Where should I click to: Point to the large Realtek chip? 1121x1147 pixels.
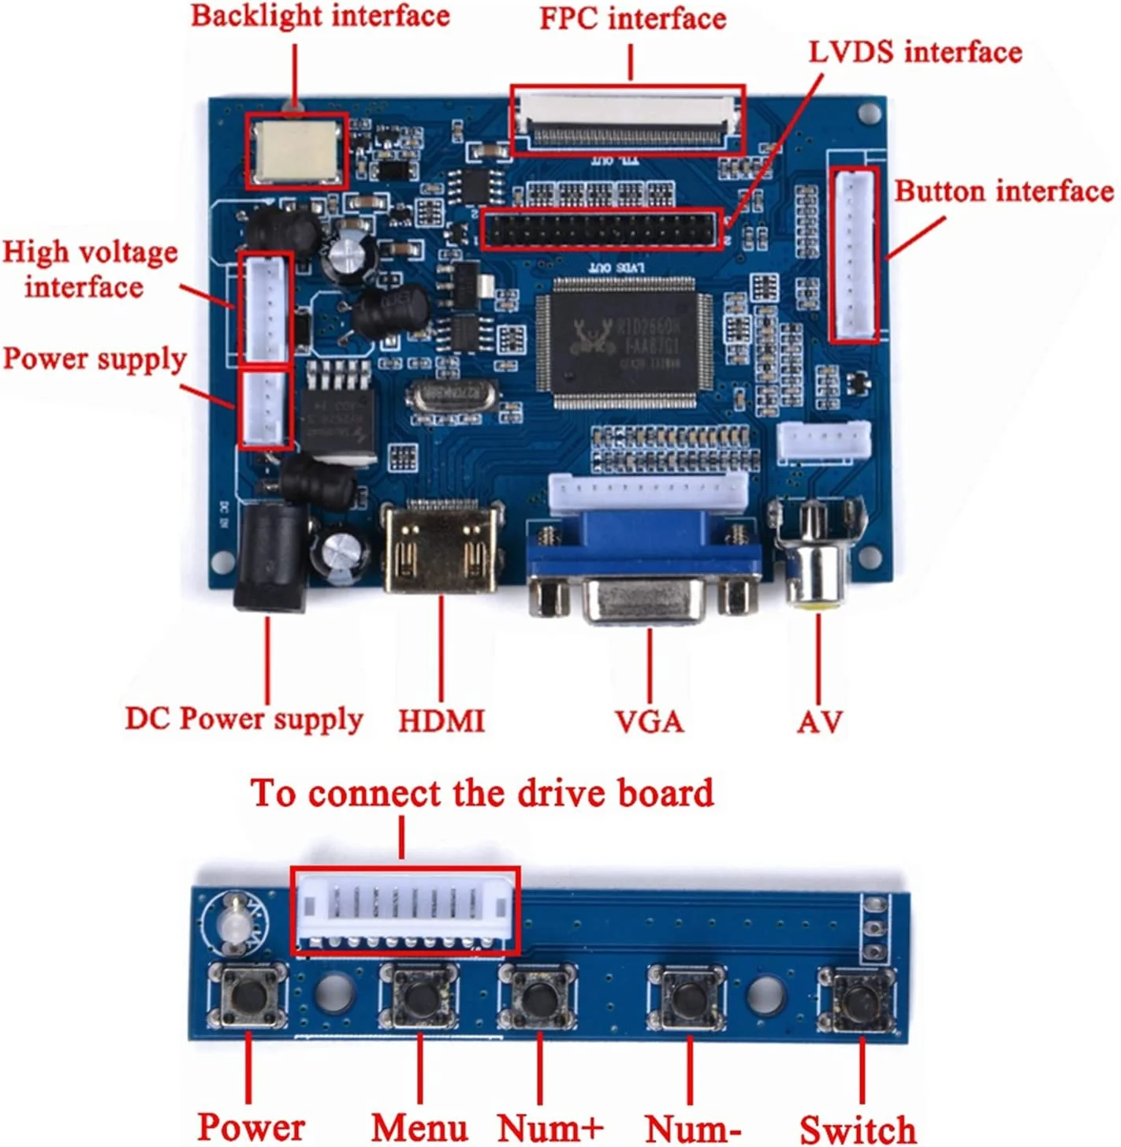[624, 343]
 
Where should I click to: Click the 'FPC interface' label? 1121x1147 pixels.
[632, 19]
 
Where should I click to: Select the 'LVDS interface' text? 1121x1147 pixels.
[914, 52]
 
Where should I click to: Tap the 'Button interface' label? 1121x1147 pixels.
[1003, 192]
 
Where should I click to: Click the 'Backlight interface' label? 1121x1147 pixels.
[320, 16]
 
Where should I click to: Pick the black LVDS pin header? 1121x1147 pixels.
[601, 229]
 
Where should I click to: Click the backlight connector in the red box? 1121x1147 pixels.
[296, 151]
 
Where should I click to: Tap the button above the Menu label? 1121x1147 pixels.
[419, 996]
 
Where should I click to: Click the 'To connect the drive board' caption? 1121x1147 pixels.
[482, 793]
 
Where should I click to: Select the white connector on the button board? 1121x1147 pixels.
[404, 911]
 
